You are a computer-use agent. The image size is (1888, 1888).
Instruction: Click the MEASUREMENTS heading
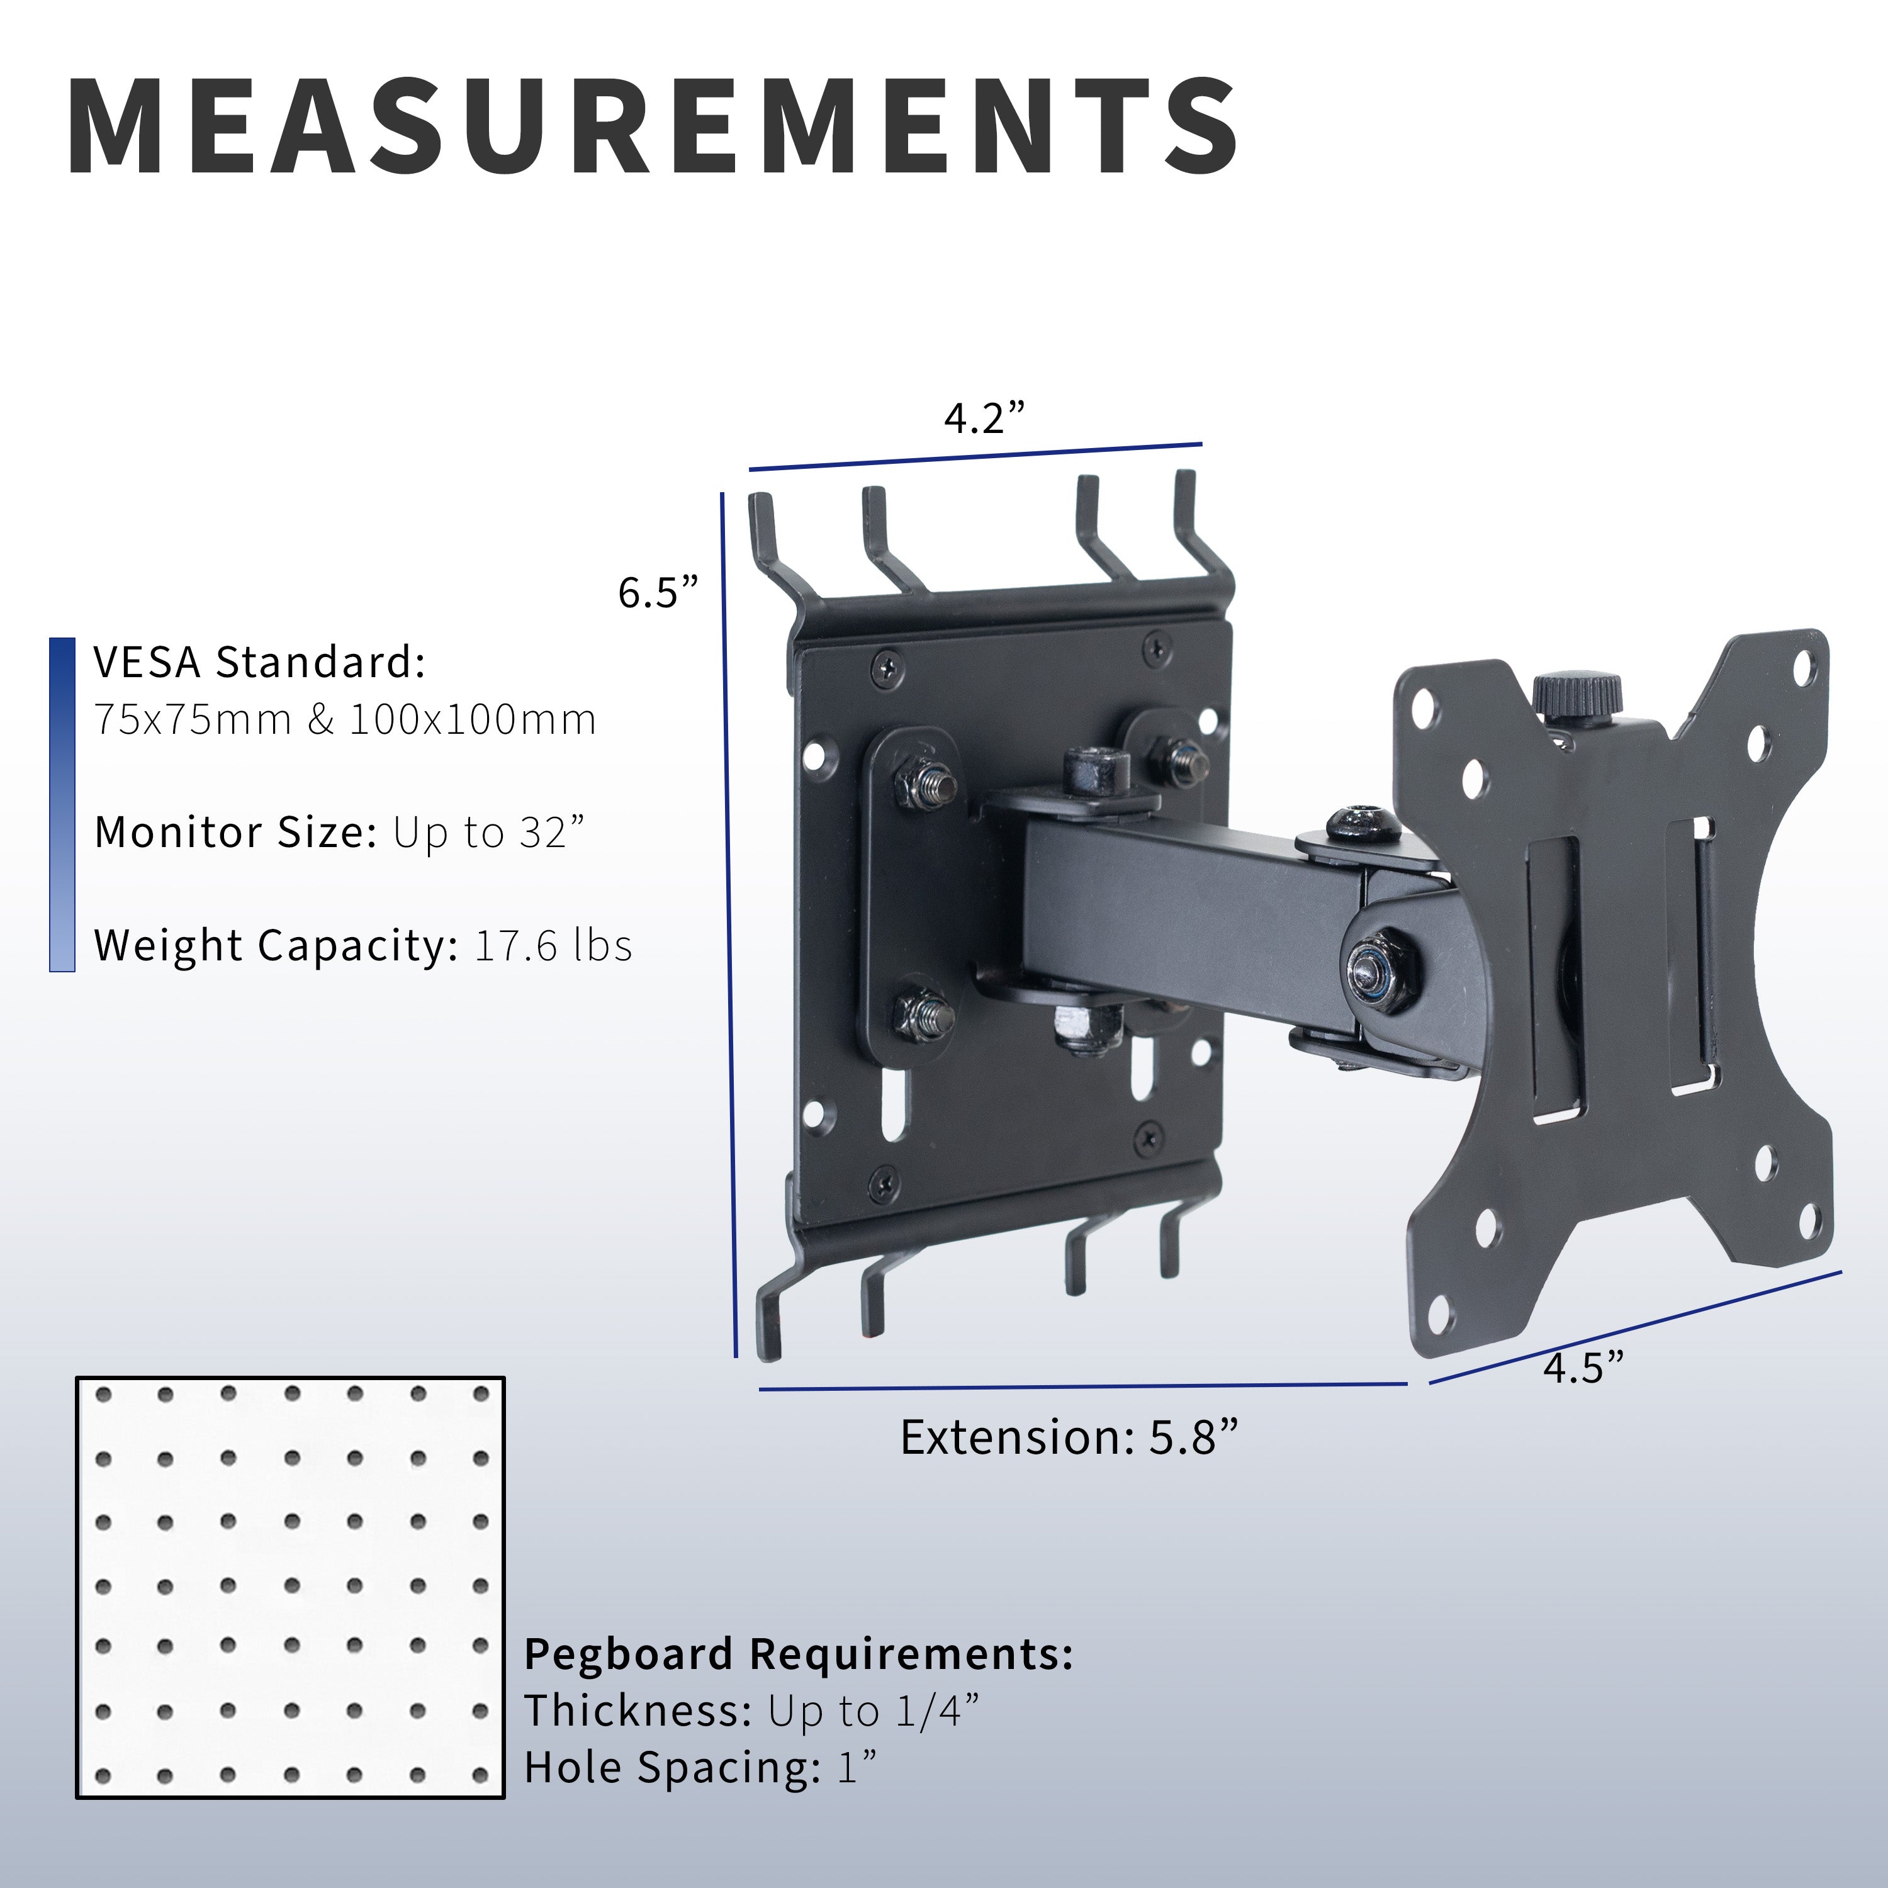[x=653, y=128]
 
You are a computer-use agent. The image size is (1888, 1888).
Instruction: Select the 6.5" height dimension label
[x=658, y=592]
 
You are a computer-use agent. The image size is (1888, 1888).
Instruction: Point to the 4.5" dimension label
[x=1583, y=1368]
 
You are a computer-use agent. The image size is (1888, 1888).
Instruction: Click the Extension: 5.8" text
[x=1069, y=1437]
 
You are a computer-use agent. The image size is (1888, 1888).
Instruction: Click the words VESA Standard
[x=259, y=663]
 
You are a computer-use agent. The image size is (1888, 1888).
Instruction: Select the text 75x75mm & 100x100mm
[x=345, y=720]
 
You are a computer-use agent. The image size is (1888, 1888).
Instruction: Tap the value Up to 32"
[x=488, y=834]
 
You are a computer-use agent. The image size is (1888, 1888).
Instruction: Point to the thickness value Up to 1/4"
[x=873, y=1711]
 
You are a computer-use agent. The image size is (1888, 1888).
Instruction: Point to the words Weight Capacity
[x=276, y=946]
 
